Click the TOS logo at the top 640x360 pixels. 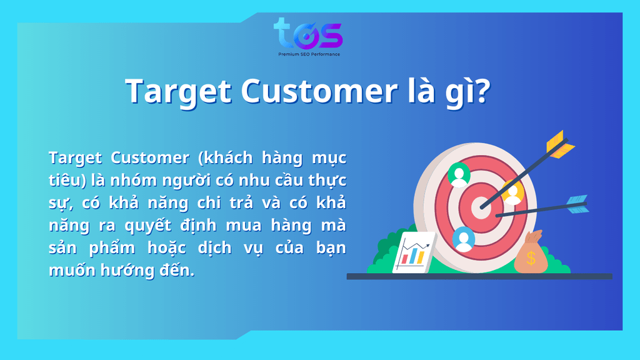pos(308,34)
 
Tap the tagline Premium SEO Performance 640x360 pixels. pos(309,54)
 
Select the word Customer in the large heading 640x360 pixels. pos(319,91)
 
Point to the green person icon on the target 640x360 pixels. pos(459,175)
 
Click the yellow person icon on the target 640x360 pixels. pos(512,192)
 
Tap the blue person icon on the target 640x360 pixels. pos(463,239)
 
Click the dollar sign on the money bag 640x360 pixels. pos(531,258)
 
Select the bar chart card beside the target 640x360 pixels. pos(414,252)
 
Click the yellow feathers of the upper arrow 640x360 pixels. pos(559,144)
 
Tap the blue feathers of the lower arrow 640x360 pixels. pos(577,204)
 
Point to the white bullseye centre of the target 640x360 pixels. pos(481,207)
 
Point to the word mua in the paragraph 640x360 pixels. pos(244,225)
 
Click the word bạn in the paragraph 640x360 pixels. pos(331,248)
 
